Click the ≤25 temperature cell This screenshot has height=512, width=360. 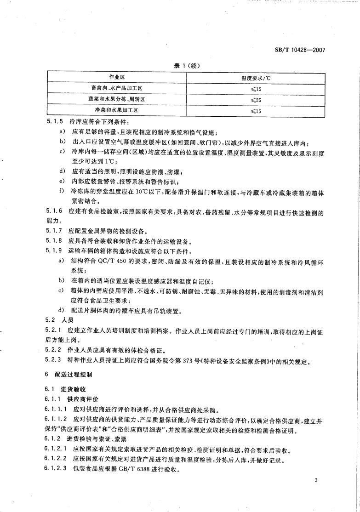(256, 99)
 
